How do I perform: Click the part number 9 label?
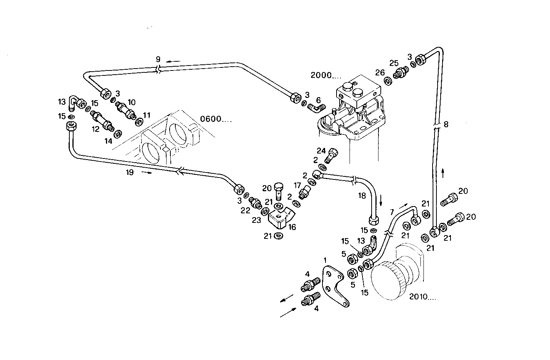pyautogui.click(x=158, y=59)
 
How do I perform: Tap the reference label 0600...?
pyautogui.click(x=216, y=119)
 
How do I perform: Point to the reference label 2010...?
pyautogui.click(x=422, y=296)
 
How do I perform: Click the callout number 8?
pyautogui.click(x=446, y=124)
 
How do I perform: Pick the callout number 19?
pyautogui.click(x=130, y=173)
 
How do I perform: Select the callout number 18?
pyautogui.click(x=362, y=195)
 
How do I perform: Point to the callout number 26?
pyautogui.click(x=380, y=72)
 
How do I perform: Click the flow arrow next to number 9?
pyautogui.click(x=175, y=61)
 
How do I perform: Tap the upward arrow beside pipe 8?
pyautogui.click(x=443, y=173)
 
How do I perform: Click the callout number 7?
pyautogui.click(x=391, y=211)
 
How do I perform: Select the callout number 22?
pyautogui.click(x=246, y=210)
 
